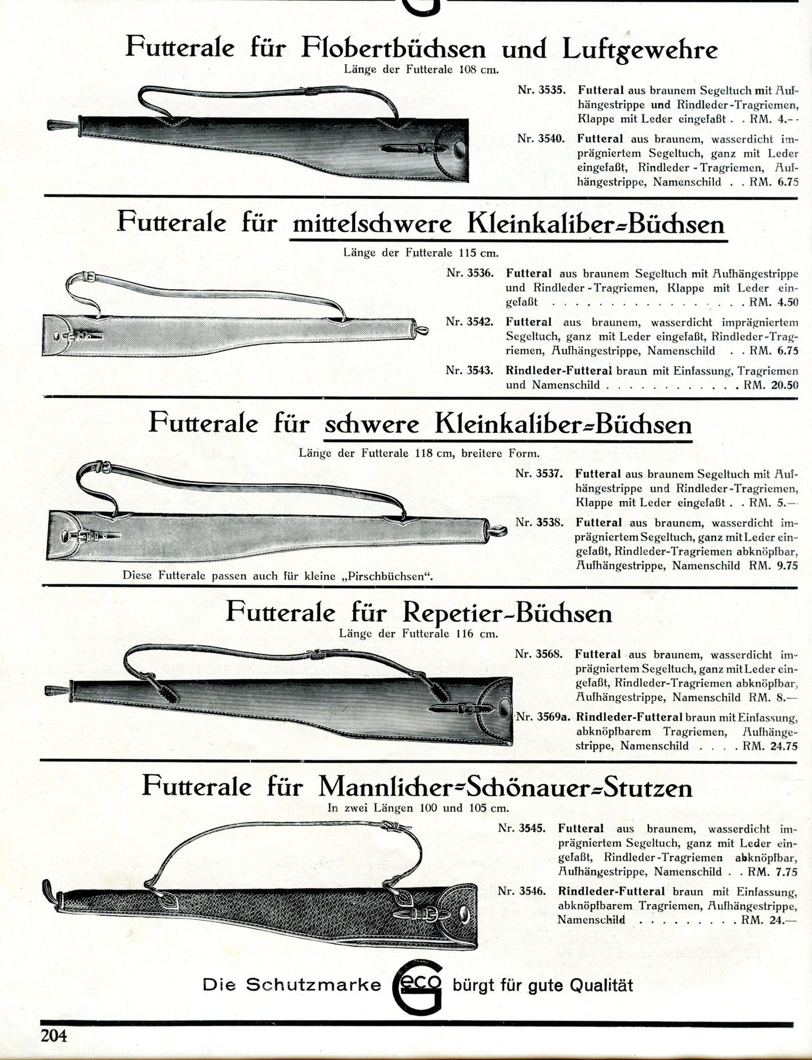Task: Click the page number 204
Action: pyautogui.click(x=53, y=1035)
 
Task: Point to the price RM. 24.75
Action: pyautogui.click(x=770, y=746)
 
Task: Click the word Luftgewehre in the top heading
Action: pyautogui.click(x=640, y=50)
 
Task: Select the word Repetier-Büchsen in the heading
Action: pyautogui.click(x=506, y=613)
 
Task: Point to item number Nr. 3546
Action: pyautogui.click(x=522, y=891)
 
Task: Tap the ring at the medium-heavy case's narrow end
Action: pyautogui.click(x=421, y=331)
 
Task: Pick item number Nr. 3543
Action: pyautogui.click(x=470, y=371)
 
